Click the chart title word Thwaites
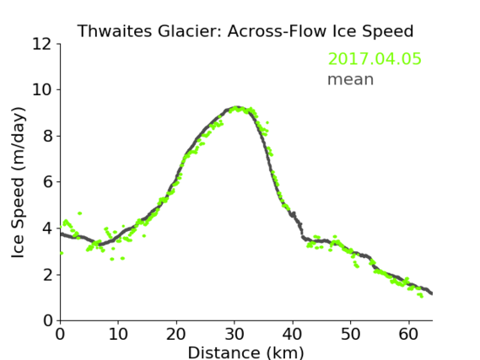coord(115,31)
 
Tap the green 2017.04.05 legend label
coord(375,59)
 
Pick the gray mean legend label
coord(351,79)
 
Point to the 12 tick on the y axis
coord(42,44)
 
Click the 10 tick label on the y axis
coord(42,90)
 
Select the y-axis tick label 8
coord(47,136)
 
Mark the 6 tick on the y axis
coord(47,182)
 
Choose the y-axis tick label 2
coord(47,275)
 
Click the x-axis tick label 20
coord(176,334)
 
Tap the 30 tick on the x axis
coord(235,334)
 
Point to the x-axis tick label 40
coord(293,334)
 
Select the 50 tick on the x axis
coord(351,334)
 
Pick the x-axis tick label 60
coord(408,334)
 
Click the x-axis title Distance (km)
coord(245,352)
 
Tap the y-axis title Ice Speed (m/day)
coord(18,183)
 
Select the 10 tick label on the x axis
coord(118,334)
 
